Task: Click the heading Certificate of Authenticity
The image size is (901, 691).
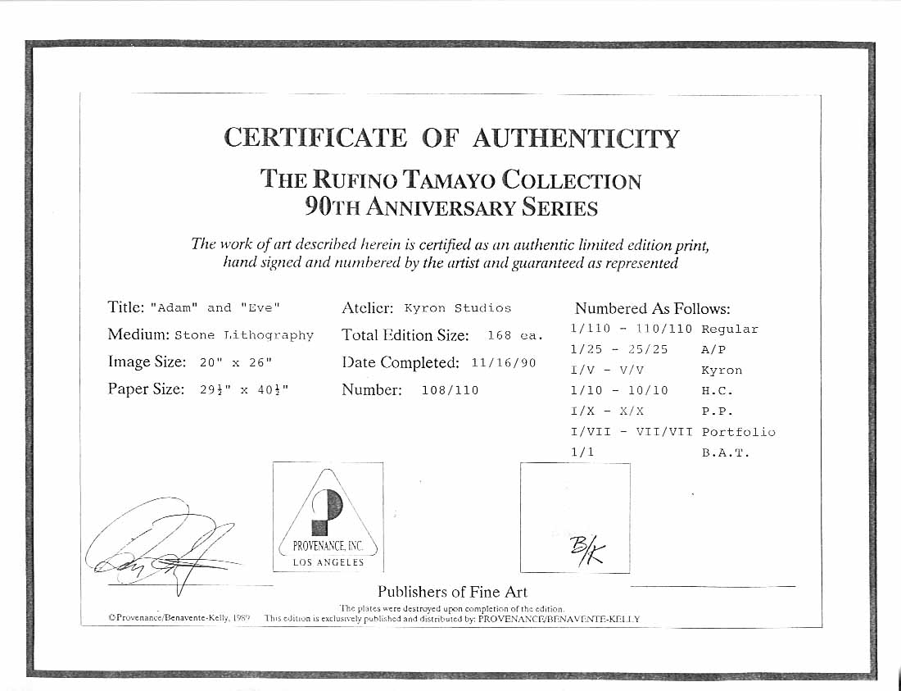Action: click(451, 138)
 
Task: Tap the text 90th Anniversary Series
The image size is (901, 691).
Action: click(451, 207)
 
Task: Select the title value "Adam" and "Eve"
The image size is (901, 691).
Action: click(215, 308)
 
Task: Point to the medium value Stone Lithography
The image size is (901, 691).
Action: click(244, 335)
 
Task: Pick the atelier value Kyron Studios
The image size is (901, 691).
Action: click(458, 308)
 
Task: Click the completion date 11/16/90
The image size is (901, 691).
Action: click(504, 362)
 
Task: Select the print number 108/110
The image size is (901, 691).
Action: click(450, 390)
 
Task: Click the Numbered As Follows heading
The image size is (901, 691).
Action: click(652, 309)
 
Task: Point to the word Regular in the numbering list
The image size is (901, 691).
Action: click(730, 330)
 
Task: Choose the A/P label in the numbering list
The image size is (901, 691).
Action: click(714, 349)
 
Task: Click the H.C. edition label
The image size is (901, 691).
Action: click(718, 391)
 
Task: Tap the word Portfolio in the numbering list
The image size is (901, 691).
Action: click(738, 432)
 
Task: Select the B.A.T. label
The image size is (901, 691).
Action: click(725, 452)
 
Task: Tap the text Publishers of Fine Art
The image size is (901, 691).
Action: click(452, 592)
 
